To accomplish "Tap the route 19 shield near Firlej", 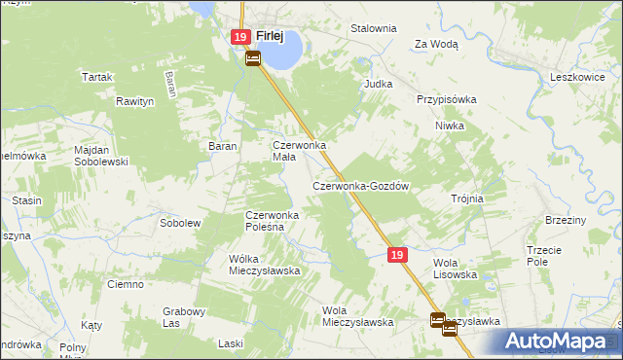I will coord(241,37).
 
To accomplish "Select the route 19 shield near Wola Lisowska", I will coord(396,254).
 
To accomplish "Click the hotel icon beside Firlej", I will coord(252,58).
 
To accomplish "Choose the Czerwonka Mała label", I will coord(297,151).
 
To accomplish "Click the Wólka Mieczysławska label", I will coord(263,265).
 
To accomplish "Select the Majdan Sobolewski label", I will coord(101,156).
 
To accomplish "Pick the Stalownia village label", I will coord(374,28).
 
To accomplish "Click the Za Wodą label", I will coord(436,44).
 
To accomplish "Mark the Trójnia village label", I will coord(467,198).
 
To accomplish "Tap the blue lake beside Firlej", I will coord(280,54).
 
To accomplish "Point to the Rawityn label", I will coord(135,101).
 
